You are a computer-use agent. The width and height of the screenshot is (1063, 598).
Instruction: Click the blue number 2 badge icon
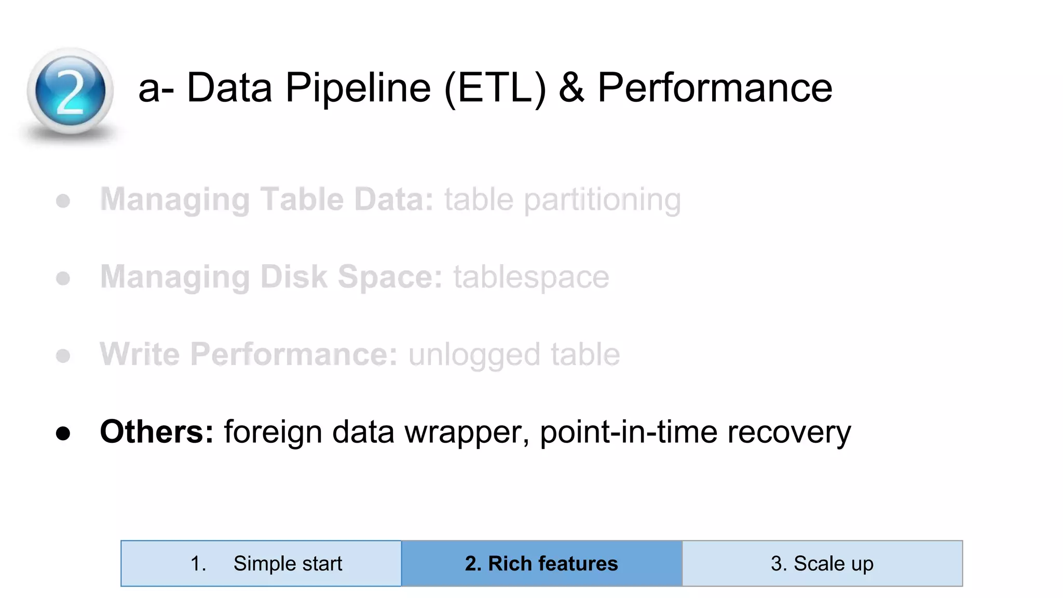tap(70, 91)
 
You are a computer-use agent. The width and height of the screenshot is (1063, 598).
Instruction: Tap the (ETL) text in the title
tap(495, 88)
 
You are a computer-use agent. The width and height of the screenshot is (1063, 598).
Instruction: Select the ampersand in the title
tap(571, 87)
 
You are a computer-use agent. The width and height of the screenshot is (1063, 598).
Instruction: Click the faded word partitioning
tap(602, 200)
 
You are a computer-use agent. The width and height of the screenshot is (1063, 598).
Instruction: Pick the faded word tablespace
tap(531, 277)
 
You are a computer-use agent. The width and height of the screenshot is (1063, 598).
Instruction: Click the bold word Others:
tap(156, 431)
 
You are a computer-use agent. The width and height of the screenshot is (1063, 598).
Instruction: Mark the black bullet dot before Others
tap(63, 433)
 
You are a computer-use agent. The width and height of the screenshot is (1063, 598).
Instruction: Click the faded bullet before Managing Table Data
tap(63, 201)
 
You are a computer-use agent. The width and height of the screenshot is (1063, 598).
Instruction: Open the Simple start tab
tap(261, 563)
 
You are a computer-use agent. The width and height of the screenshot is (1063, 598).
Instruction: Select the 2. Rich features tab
tap(541, 563)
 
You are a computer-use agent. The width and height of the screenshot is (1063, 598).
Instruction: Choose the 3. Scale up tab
tap(822, 563)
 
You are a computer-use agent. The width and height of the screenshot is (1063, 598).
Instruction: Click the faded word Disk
tap(293, 277)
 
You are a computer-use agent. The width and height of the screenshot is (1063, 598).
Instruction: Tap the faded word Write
tap(139, 354)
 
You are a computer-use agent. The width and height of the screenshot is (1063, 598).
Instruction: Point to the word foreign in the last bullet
tap(272, 432)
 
